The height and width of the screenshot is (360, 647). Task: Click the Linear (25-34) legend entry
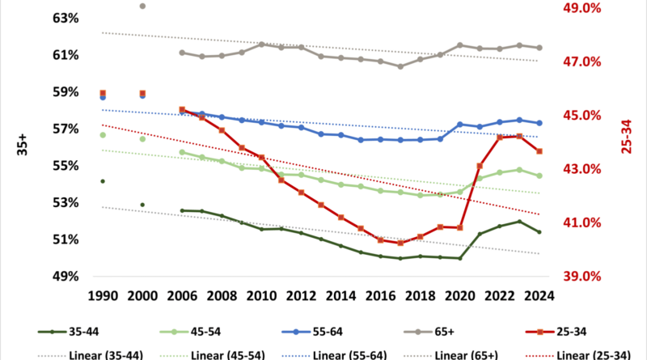[x=586, y=354]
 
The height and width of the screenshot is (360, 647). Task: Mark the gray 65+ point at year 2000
[x=142, y=6]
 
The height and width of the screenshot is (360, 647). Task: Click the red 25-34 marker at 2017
[x=400, y=243]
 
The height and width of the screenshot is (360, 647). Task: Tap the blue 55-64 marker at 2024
[x=539, y=123]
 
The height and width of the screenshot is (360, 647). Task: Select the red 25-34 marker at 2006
[x=182, y=110]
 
